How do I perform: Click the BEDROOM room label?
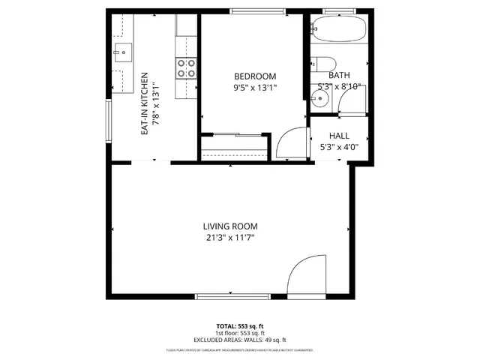click(x=255, y=76)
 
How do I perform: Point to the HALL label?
click(x=340, y=136)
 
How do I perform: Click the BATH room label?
click(x=339, y=75)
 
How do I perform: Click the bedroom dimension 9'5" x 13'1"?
click(x=255, y=87)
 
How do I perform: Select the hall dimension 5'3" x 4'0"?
click(x=340, y=147)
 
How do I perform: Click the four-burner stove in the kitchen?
click(x=186, y=69)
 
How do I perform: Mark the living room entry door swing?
click(x=306, y=276)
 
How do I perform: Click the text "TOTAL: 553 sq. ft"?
click(x=239, y=326)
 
